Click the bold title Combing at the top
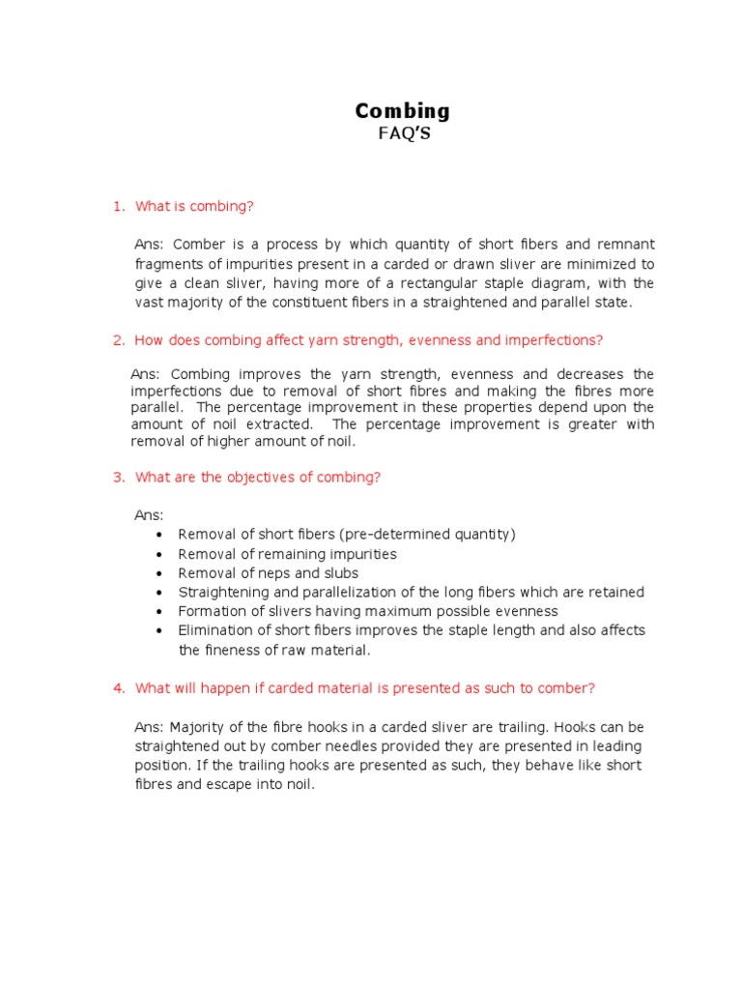[x=403, y=110]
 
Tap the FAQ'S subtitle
[x=404, y=134]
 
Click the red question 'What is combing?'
[x=194, y=206]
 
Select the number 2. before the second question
[x=119, y=339]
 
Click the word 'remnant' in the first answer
[x=623, y=245]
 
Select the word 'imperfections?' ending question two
[x=557, y=339]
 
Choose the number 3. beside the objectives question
[x=119, y=477]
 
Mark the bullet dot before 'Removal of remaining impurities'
[x=158, y=555]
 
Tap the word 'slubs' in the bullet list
[x=313, y=573]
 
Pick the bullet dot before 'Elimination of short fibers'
[x=158, y=630]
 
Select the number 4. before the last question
[x=119, y=687]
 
